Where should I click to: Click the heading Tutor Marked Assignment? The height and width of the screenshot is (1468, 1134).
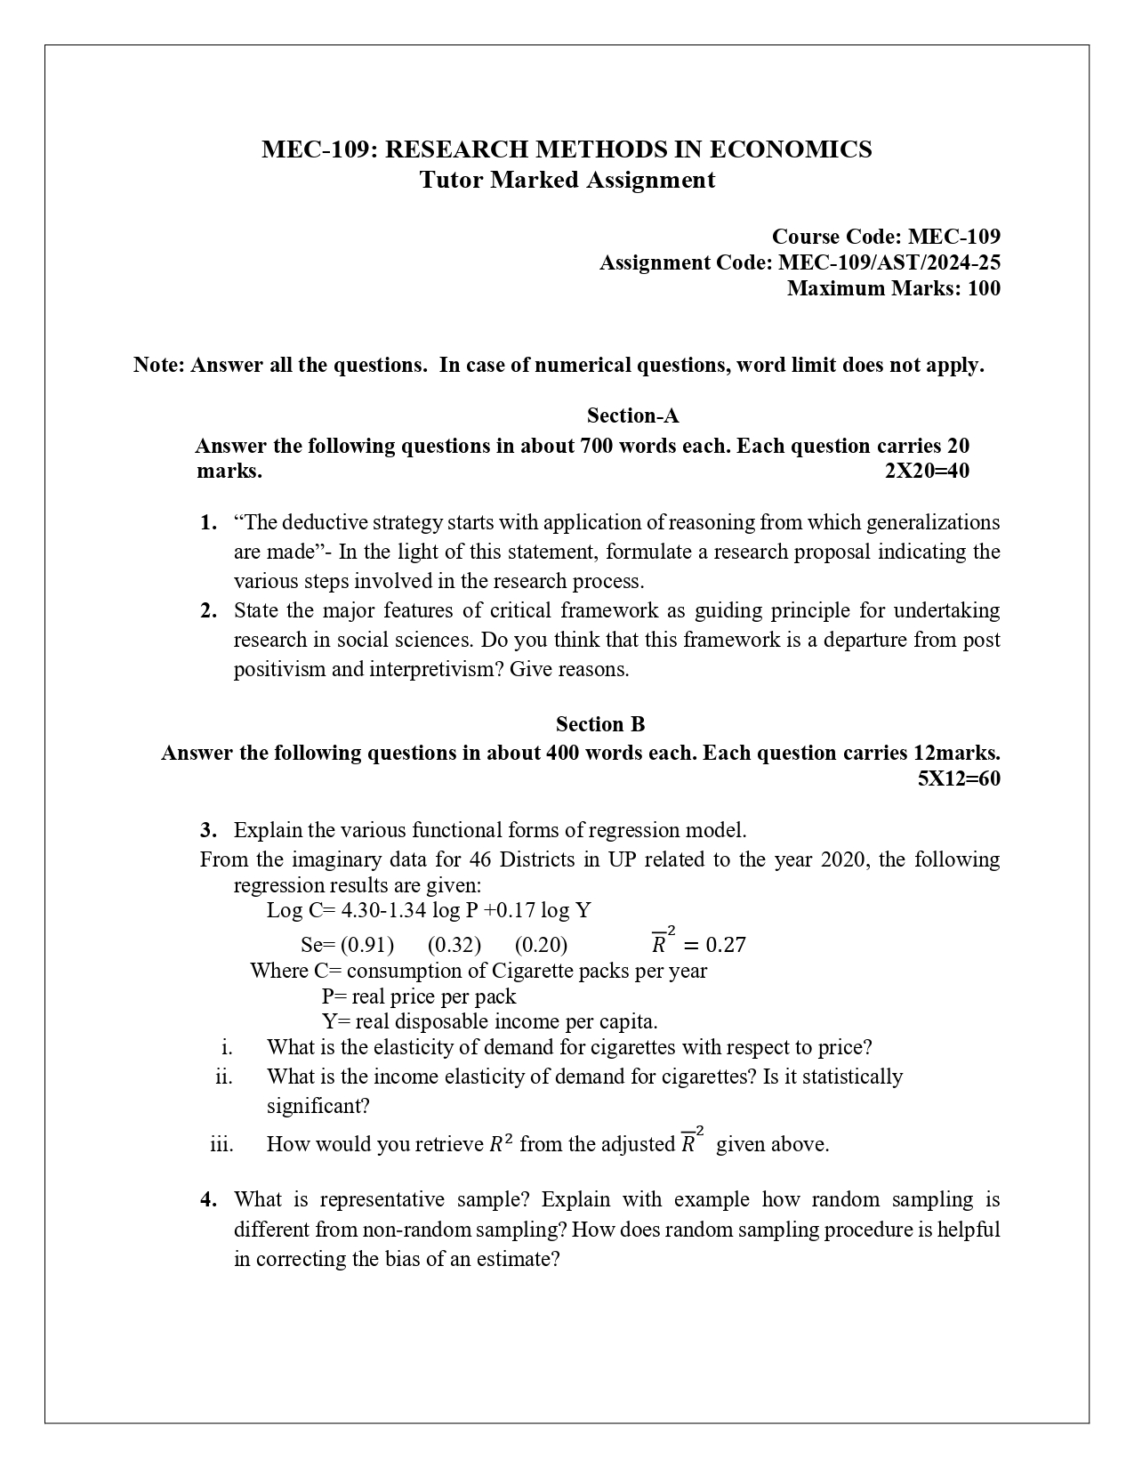[567, 180]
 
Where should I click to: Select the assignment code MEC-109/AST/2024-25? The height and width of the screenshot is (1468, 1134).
[889, 262]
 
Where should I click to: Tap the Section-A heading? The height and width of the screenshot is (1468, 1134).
[632, 415]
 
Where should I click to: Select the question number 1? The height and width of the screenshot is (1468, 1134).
[208, 522]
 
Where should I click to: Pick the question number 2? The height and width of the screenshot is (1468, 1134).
[208, 610]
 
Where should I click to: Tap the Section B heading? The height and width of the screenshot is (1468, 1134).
[600, 723]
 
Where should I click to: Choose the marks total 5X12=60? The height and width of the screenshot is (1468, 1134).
[959, 778]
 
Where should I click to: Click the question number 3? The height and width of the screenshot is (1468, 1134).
[208, 830]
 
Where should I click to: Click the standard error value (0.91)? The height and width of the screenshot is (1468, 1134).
[366, 944]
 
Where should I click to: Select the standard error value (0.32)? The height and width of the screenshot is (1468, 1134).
[454, 944]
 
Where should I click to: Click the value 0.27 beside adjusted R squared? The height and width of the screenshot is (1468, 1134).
[725, 944]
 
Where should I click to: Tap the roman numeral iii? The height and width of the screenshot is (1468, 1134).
[221, 1144]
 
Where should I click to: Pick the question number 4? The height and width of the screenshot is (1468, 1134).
[208, 1199]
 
